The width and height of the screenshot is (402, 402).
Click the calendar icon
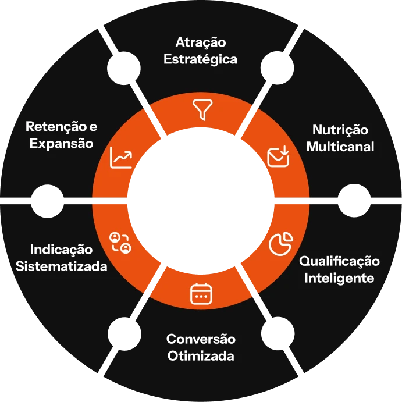[x=201, y=294]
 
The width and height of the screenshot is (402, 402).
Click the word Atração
[x=201, y=42]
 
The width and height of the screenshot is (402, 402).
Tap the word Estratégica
[x=201, y=59]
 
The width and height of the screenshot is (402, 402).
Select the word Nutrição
[x=340, y=130]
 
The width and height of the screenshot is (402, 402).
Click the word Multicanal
[x=340, y=147]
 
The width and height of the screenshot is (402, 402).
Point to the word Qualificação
[x=339, y=262]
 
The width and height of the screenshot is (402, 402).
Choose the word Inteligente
[x=339, y=279]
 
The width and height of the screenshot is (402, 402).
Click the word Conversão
[x=201, y=339]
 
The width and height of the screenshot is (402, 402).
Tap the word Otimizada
[x=201, y=356]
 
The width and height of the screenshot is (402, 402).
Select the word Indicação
[x=61, y=250]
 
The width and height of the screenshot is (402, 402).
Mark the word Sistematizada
[x=61, y=266]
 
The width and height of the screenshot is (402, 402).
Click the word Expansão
[x=61, y=144]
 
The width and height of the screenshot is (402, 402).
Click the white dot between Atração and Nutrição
[x=277, y=68]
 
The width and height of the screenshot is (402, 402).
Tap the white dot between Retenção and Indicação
[x=48, y=201]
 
